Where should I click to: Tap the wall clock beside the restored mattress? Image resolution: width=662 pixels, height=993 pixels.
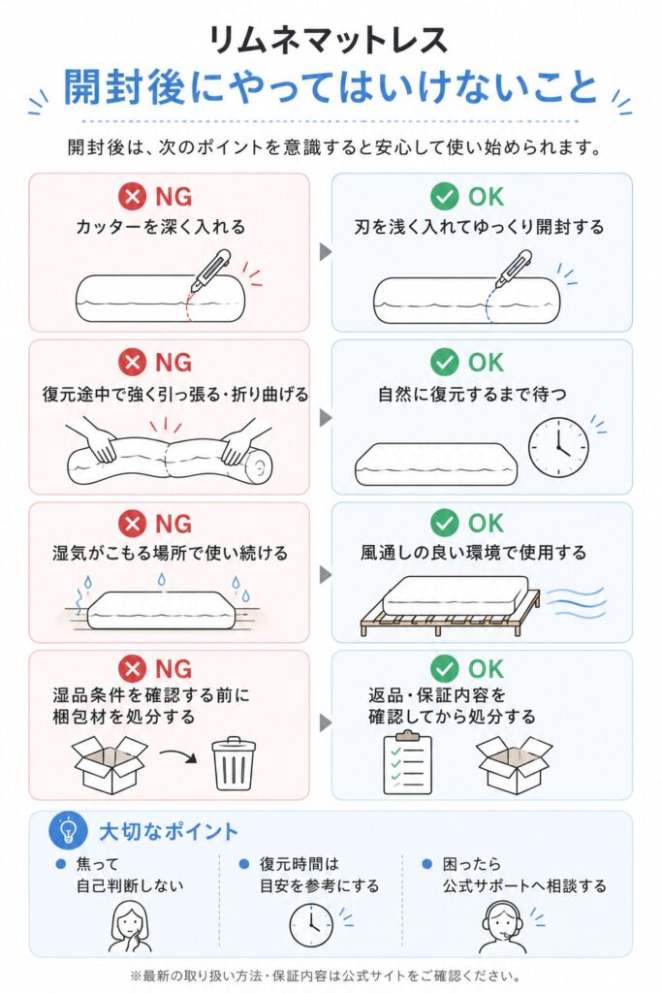558,447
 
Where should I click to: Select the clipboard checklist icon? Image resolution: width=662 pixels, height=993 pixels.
408,762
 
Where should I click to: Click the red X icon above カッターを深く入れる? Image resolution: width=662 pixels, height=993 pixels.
132,196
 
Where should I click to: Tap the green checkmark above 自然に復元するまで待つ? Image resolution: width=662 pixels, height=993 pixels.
444,363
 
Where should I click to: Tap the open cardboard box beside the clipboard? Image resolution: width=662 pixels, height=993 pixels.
514,764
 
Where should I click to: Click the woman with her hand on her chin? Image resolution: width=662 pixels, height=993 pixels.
131,927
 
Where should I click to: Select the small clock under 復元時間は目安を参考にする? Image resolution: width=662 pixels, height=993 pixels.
311,925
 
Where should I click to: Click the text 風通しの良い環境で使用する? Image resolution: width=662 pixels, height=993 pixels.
473,552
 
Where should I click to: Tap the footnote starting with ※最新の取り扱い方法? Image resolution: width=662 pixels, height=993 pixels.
326,976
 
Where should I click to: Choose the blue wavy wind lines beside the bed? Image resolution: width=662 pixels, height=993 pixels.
576,601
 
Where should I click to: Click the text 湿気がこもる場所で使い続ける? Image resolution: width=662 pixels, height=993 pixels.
170,553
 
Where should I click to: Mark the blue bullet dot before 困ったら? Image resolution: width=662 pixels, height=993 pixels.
427,864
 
